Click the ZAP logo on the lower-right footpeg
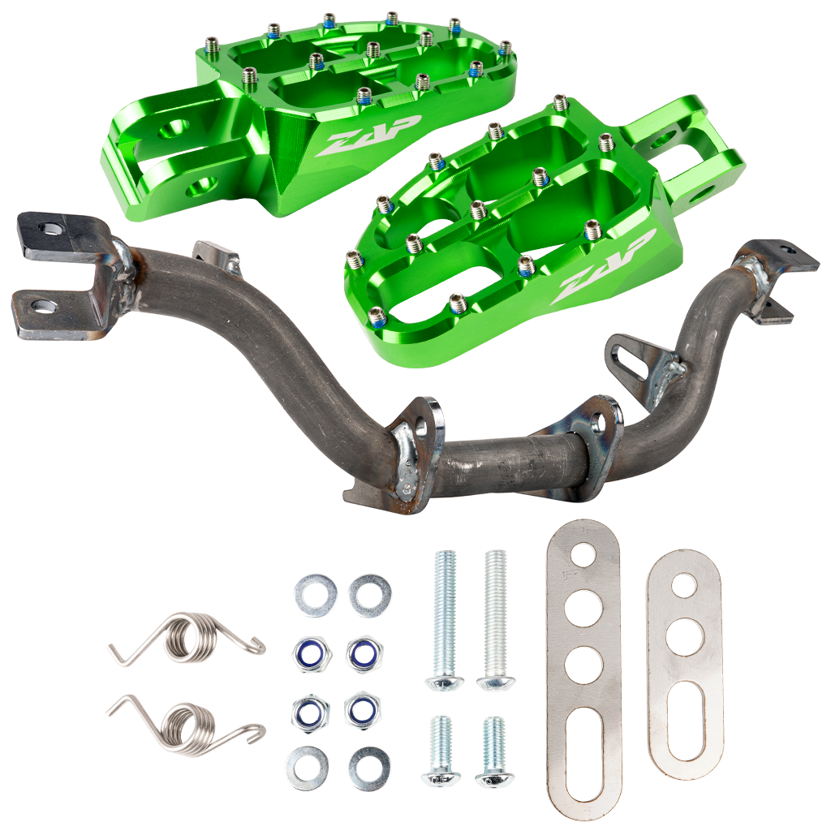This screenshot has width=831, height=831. (603, 268)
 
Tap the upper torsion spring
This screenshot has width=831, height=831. (187, 639)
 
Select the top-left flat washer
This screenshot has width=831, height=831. (316, 595)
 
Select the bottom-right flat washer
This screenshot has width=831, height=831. (369, 766)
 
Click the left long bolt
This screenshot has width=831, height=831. (446, 620)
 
